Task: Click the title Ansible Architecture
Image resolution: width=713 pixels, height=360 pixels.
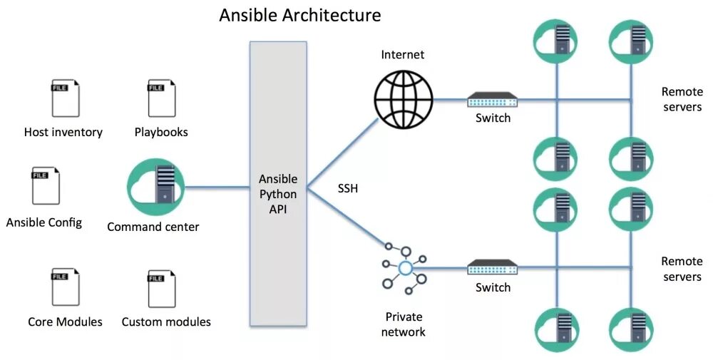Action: coord(299,15)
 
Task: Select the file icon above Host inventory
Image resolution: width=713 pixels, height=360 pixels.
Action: coord(65,98)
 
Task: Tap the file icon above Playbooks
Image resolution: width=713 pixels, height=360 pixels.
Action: coord(161,98)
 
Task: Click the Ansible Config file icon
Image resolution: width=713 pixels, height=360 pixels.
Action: coord(45,185)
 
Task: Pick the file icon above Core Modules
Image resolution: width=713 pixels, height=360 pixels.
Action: coord(65,287)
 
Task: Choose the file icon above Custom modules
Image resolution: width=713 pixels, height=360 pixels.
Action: coord(161,287)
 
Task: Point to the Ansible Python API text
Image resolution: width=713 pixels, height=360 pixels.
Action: coord(278,193)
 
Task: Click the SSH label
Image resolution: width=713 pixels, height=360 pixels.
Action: coord(348,189)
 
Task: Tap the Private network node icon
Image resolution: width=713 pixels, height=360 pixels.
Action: coord(404,267)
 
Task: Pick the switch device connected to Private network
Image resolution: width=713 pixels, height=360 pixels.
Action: coord(493,267)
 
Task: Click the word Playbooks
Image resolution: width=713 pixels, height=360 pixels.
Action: coord(161,132)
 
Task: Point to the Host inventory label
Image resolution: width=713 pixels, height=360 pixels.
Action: coord(63,132)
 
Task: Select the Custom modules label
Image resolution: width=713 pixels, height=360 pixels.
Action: coord(166,322)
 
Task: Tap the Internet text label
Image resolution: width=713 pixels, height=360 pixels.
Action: coord(402,55)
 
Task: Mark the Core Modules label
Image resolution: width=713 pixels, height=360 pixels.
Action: coord(65,322)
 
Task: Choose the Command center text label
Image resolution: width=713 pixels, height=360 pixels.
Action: coord(153,227)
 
